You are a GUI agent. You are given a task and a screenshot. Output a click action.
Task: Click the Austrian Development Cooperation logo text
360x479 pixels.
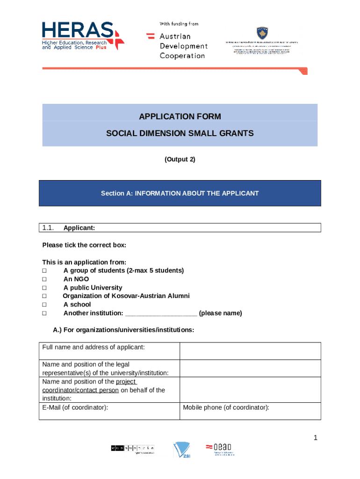pyautogui.click(x=183, y=46)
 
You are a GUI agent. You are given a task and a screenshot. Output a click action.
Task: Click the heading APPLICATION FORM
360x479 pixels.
pyautogui.click(x=180, y=116)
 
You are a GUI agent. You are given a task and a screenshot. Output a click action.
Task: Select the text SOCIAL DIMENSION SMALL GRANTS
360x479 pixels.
pyautogui.click(x=180, y=133)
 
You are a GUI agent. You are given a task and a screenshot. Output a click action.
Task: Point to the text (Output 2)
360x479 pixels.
pyautogui.click(x=180, y=160)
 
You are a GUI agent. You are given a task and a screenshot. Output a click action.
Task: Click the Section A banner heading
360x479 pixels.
pyautogui.click(x=180, y=193)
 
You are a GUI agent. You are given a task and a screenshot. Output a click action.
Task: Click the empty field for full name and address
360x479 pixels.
pyautogui.click(x=250, y=351)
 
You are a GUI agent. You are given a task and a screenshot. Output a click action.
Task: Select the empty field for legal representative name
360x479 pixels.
pyautogui.click(x=250, y=368)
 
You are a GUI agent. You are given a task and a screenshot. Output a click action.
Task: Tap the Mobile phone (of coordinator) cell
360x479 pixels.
pyautogui.click(x=250, y=411)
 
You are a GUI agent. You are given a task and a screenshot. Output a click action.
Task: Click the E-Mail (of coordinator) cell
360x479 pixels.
pyautogui.click(x=109, y=411)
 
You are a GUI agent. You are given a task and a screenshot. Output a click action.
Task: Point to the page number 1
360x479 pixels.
pyautogui.click(x=316, y=438)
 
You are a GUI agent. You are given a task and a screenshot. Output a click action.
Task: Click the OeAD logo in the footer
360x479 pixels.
pyautogui.click(x=220, y=450)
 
